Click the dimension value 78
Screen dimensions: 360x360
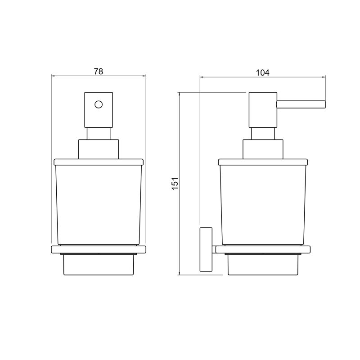(x=98, y=72)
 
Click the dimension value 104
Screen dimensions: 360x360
(x=263, y=72)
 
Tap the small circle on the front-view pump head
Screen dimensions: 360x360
(x=99, y=105)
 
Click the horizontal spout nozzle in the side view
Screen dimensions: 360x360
(x=301, y=104)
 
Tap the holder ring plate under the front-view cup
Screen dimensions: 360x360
(x=99, y=250)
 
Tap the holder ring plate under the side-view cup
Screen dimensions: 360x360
(x=263, y=250)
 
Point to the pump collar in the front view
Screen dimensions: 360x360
(x=99, y=149)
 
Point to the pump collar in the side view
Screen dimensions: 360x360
(x=263, y=149)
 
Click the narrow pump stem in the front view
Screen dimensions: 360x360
(x=99, y=134)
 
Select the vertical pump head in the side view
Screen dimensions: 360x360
(x=262, y=110)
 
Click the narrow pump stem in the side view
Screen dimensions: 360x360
(x=263, y=134)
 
